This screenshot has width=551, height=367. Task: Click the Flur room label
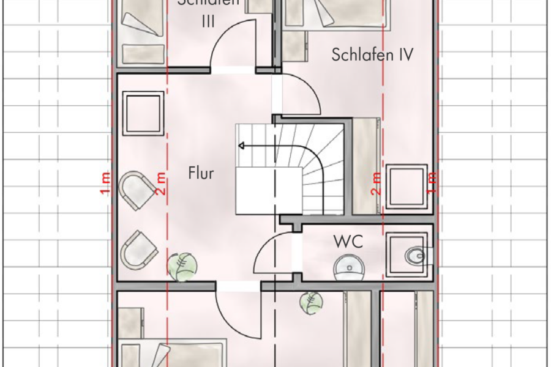(x=201, y=174)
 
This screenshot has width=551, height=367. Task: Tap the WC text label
(x=348, y=241)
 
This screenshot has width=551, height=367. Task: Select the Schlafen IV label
(x=372, y=54)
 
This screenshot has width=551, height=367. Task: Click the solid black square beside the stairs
(x=269, y=191)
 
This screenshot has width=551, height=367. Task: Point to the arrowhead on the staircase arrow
(x=241, y=146)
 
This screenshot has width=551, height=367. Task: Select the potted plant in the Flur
(x=182, y=266)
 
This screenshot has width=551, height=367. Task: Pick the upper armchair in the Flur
(x=137, y=190)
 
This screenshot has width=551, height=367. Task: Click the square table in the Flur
(x=144, y=113)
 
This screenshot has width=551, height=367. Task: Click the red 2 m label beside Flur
(x=161, y=183)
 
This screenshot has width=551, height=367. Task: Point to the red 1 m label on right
(x=432, y=183)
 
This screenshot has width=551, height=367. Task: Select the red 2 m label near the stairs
(x=376, y=183)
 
